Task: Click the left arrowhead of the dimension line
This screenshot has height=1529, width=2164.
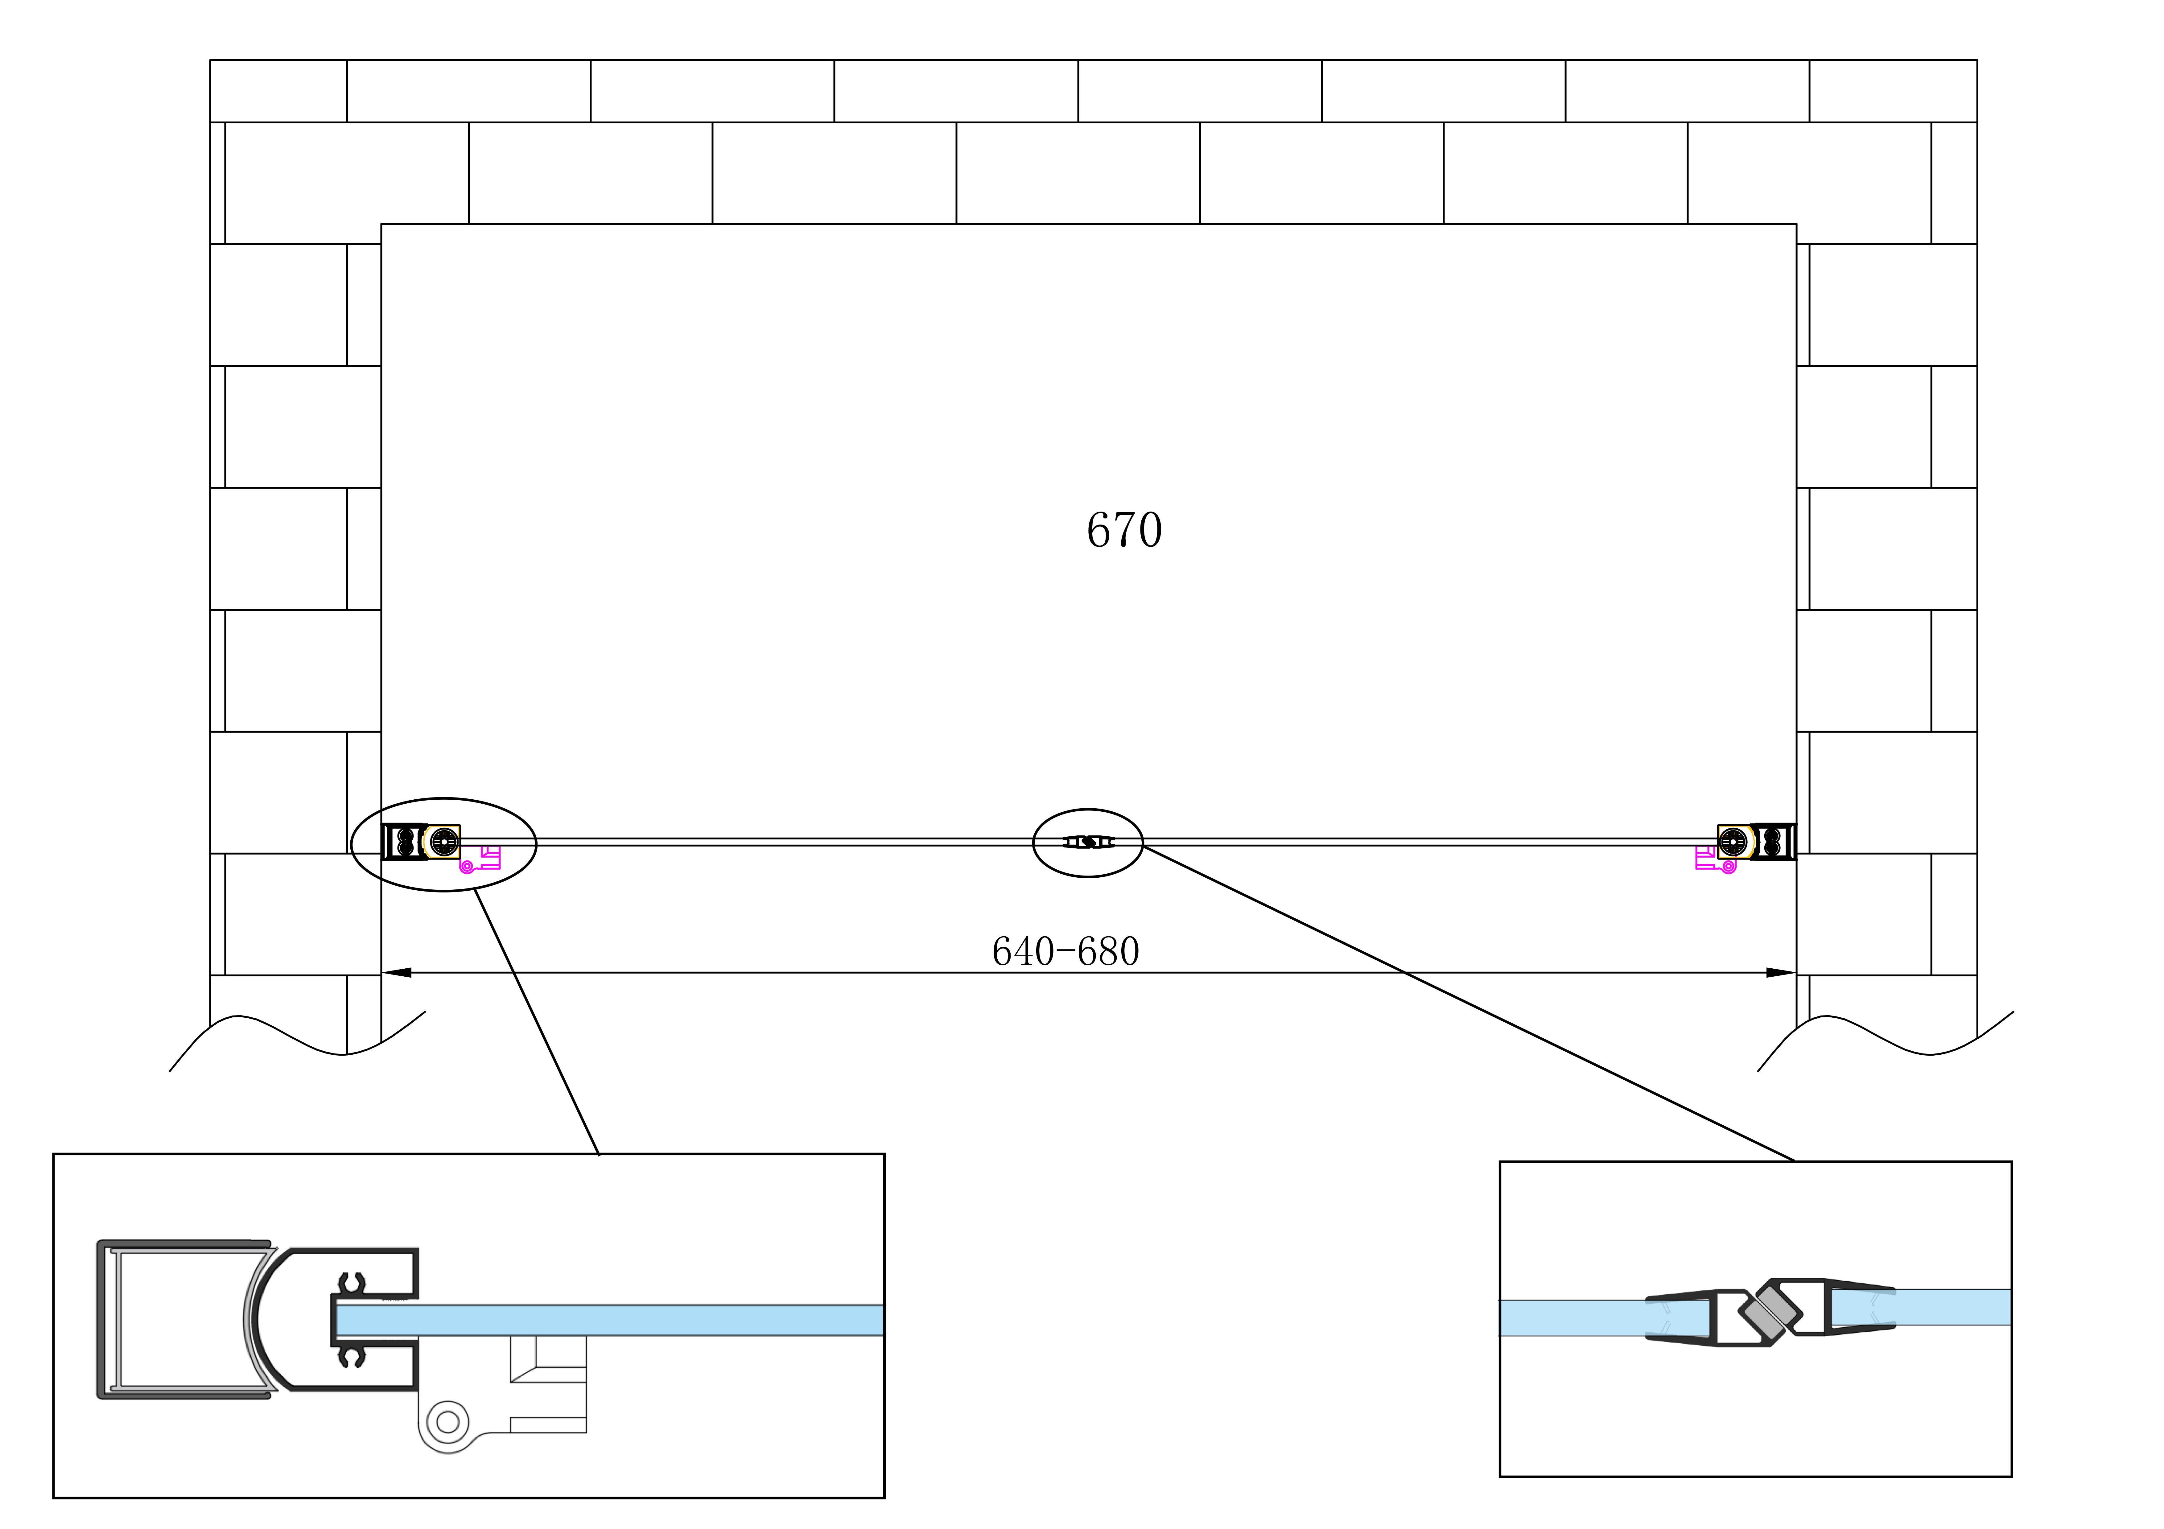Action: [x=396, y=973]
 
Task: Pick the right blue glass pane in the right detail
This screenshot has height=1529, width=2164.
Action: [x=1923, y=1307]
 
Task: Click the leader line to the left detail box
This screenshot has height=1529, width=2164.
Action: [x=537, y=1023]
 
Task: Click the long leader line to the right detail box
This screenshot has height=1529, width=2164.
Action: [x=1470, y=1004]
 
